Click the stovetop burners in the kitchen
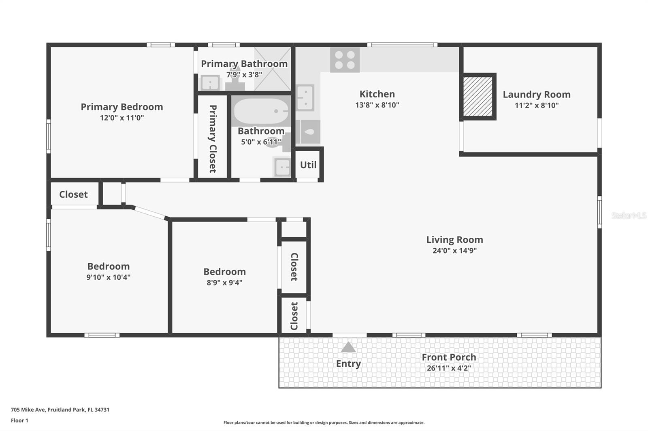(x=345, y=60)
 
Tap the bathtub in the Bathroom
(x=261, y=111)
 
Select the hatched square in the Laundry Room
(x=478, y=96)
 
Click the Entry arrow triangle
(x=348, y=347)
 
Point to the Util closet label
(x=308, y=165)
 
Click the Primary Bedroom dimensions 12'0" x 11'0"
(x=122, y=118)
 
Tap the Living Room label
(x=454, y=240)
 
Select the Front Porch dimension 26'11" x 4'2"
(x=449, y=368)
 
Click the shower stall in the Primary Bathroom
(x=273, y=69)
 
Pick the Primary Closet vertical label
(x=213, y=139)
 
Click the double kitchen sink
(x=305, y=97)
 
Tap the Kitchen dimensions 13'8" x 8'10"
(x=377, y=105)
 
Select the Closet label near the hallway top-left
(x=73, y=194)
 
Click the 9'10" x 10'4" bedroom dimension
(x=108, y=277)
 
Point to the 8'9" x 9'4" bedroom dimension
(x=224, y=283)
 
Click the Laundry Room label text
(x=536, y=95)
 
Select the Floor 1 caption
(x=19, y=420)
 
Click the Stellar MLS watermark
(x=629, y=215)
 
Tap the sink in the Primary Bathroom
(x=210, y=83)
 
